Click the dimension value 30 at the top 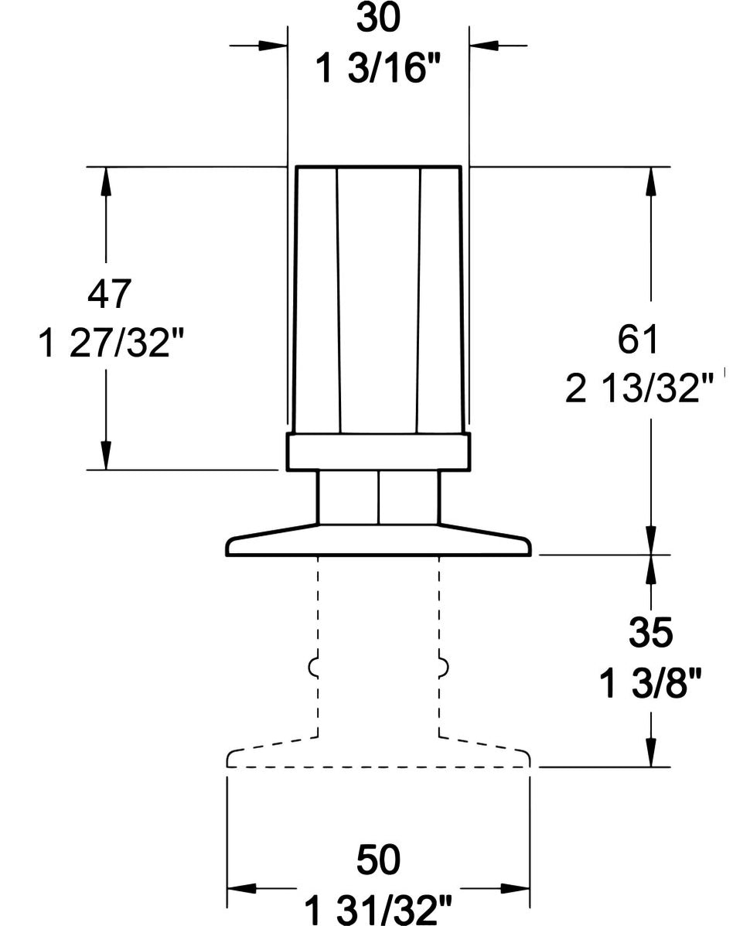[378, 20]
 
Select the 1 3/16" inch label [378, 70]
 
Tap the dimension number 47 [111, 294]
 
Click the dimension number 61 [639, 341]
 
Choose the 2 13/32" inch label [639, 391]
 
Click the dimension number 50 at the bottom [378, 858]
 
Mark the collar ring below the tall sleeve [378, 452]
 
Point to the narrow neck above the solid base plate [378, 497]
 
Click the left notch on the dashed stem [314, 666]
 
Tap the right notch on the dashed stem [443, 666]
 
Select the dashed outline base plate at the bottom [378, 758]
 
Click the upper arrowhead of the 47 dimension [106, 181]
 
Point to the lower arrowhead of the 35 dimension [652, 751]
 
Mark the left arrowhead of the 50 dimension [242, 887]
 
